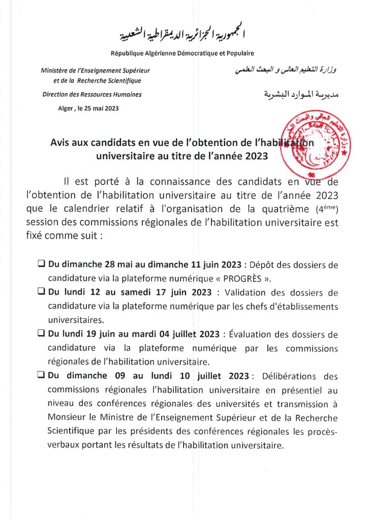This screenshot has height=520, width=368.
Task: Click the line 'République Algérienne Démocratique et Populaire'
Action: (182, 53)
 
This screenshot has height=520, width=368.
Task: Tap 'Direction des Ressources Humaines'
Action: (92, 94)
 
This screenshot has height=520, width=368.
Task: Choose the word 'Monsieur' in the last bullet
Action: (65, 418)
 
